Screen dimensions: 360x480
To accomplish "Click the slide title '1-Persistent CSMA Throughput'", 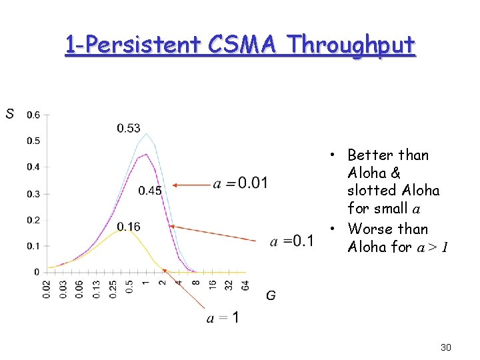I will (240, 45).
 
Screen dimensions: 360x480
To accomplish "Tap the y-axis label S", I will (9, 114).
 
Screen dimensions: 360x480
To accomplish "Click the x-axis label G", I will (271, 295).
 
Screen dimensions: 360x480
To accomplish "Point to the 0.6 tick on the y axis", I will (33, 115).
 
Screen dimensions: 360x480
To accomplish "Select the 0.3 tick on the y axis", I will (33, 194).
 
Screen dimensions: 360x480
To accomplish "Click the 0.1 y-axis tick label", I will (33, 246).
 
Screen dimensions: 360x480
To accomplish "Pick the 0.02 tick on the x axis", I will (47, 289).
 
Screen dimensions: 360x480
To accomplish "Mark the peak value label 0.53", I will (129, 128).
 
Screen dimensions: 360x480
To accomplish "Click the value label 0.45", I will (150, 191).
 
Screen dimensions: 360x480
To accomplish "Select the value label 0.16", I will (129, 227).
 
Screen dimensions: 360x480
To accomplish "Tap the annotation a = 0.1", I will (292, 241).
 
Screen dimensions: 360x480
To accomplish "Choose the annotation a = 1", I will (223, 319).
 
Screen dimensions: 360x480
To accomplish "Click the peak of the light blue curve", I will (146, 134).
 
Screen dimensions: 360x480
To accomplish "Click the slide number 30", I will (446, 347).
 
